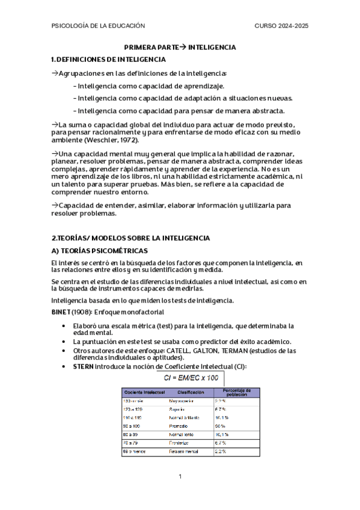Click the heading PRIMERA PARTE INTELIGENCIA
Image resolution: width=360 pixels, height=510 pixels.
click(180, 47)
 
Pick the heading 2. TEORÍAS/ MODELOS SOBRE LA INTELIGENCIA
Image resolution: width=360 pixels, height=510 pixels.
click(130, 238)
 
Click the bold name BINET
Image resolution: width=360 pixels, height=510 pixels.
click(63, 312)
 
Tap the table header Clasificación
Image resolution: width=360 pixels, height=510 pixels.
click(190, 392)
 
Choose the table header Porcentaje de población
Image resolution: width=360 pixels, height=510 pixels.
click(236, 392)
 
